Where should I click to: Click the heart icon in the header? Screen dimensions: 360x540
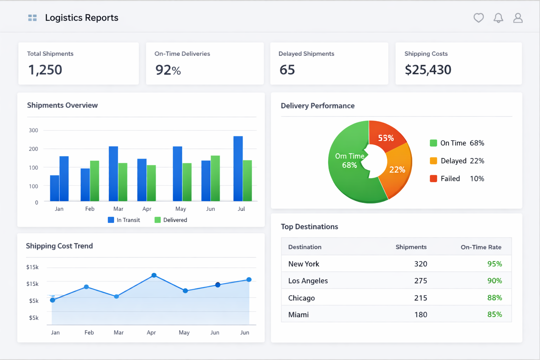478,18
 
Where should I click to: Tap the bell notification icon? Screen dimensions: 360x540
498,18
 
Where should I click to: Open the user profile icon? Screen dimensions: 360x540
518,18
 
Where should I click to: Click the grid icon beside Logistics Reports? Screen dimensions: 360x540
32,18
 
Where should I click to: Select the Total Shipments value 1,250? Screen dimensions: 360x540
45,70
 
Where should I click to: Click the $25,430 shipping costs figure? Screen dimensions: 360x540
428,70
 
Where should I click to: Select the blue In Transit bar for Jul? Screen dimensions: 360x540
238,169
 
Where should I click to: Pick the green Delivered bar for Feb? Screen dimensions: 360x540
95,181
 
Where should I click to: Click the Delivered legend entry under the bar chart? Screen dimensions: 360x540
171,220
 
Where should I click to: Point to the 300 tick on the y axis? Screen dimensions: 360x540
33,130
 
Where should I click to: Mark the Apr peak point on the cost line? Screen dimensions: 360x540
154,275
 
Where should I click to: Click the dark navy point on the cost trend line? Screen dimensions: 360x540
218,285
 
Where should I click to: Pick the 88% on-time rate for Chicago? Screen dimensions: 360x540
494,298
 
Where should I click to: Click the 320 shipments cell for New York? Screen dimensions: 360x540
420,264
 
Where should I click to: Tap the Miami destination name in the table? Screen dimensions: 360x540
298,315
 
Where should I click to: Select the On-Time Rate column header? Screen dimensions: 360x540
481,247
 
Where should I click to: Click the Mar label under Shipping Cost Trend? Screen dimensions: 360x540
118,333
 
